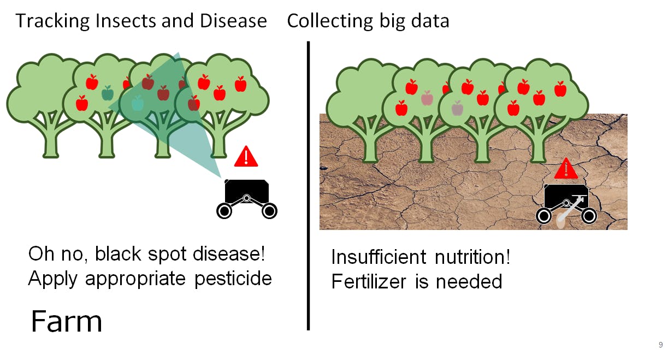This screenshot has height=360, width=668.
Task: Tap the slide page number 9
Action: [660, 345]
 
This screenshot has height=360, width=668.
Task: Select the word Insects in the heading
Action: [126, 21]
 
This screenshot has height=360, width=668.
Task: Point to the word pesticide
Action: [233, 279]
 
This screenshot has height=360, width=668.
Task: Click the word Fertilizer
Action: [369, 281]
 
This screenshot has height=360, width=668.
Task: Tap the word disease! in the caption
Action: [229, 254]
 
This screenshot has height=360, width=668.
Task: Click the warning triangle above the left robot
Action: [246, 156]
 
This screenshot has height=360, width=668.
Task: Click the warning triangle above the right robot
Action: [566, 169]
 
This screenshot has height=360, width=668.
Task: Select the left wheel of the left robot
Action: [224, 211]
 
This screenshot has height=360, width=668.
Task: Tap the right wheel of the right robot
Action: [589, 216]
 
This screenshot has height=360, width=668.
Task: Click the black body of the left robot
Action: [247, 190]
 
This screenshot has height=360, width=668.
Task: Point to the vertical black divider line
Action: [309, 186]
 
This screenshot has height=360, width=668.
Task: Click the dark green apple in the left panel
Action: [108, 93]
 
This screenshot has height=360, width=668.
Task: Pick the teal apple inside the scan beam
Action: [138, 103]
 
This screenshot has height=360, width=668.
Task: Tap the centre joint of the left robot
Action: [247, 198]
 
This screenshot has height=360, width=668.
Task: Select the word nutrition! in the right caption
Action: [472, 257]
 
